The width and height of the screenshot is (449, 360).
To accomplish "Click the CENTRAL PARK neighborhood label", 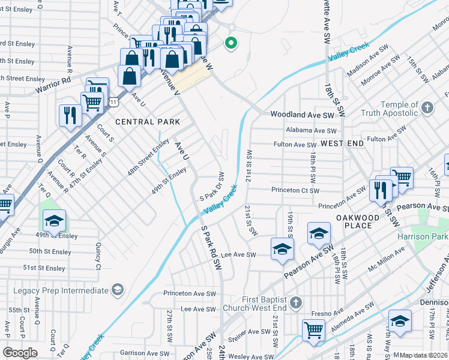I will point(147,122).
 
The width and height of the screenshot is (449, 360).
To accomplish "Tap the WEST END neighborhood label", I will point(342,143).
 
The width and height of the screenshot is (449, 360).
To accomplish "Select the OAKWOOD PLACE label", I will point(358,221).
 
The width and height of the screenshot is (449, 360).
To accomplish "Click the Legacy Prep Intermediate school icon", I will point(118,290).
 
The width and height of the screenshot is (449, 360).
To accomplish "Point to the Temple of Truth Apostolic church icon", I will point(427,108).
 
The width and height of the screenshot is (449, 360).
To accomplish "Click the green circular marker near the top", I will point(229,43).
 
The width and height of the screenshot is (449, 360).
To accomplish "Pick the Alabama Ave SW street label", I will point(312,130).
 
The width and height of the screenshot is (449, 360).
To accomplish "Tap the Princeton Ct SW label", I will point(295,190).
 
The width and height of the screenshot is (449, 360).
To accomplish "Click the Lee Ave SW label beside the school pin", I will point(239,255).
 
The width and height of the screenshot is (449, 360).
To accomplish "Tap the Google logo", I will point(20,352).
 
